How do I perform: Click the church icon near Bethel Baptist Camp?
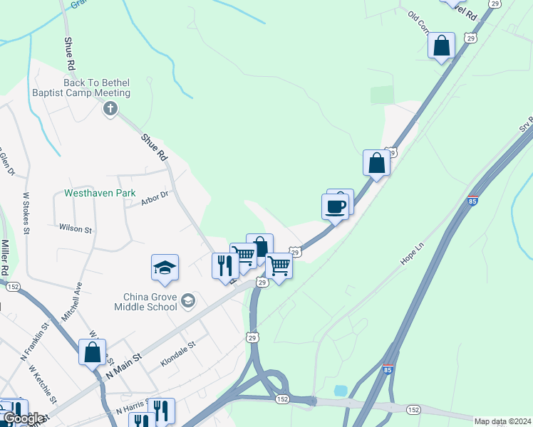click(x=110, y=108)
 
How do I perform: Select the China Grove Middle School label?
click(x=145, y=302)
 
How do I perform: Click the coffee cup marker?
click(x=336, y=207)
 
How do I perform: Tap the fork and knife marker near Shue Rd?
click(x=225, y=265)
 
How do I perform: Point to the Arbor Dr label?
click(x=154, y=200)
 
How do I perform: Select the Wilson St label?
click(x=76, y=229)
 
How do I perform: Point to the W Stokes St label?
click(x=26, y=212)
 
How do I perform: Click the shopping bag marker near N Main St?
click(x=92, y=352)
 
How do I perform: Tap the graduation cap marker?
click(x=165, y=268)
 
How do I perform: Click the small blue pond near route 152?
click(x=340, y=391)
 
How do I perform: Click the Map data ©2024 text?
click(x=502, y=421)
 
